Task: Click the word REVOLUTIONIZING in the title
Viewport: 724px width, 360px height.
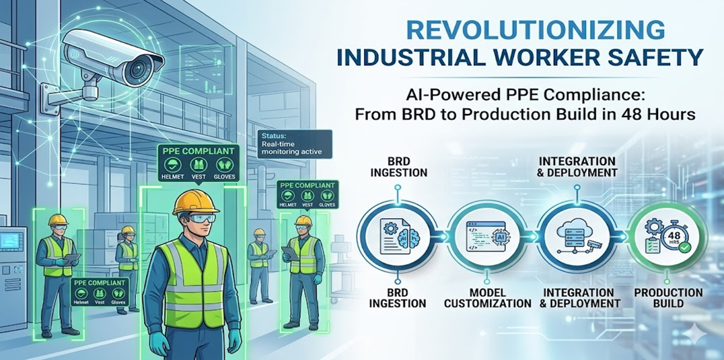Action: [535, 30]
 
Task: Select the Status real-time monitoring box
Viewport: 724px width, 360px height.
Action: [294, 144]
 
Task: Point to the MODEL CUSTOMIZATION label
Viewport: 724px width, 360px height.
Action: [487, 298]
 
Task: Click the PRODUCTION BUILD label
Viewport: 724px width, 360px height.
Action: [668, 298]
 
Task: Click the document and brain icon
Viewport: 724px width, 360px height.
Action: [400, 236]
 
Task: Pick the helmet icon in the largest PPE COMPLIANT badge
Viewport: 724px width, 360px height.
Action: [170, 165]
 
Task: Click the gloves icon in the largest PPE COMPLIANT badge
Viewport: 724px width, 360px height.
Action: [224, 165]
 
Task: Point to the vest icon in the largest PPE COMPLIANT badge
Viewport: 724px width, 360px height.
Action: [198, 165]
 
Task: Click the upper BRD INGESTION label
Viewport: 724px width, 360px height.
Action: [399, 167]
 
